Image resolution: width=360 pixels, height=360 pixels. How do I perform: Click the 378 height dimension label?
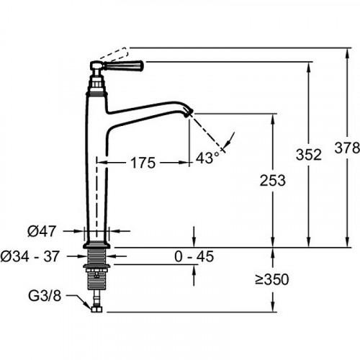pyautogui.click(x=347, y=148)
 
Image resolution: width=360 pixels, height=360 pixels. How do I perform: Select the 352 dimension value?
pyautogui.click(x=309, y=155)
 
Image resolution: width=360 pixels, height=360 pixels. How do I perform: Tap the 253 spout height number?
pyautogui.click(x=273, y=181)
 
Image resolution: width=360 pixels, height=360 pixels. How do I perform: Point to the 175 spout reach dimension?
pyautogui.click(x=143, y=163)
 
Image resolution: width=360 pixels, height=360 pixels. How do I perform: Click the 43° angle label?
pyautogui.click(x=207, y=158)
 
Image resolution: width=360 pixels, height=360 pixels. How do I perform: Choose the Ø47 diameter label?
pyautogui.click(x=42, y=231)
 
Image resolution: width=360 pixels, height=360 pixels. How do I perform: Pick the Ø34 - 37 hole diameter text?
pyautogui.click(x=30, y=256)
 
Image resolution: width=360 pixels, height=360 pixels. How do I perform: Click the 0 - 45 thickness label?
pyautogui.click(x=194, y=256)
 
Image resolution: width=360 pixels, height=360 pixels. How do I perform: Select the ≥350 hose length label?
pyautogui.click(x=272, y=279)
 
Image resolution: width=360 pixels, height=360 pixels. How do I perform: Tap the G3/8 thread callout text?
pyautogui.click(x=45, y=296)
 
